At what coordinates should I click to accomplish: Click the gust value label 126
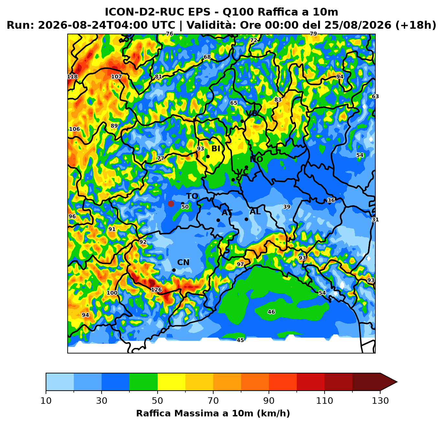pos(156,290)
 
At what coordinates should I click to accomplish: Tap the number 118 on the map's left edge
pos(72,76)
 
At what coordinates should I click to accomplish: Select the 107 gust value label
pos(116,76)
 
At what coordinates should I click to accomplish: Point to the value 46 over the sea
pos(271,312)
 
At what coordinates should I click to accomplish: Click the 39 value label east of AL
pos(287,207)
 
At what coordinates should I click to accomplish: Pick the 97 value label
pos(240,264)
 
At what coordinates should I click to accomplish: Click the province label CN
pos(183,263)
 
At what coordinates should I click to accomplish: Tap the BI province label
pos(216,149)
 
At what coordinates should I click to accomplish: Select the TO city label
pos(192,196)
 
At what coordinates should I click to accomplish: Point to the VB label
pos(251,113)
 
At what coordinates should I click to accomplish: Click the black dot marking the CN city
pos(174,270)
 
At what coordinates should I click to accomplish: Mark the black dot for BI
pos(208,156)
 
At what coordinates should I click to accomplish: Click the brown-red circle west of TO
pos(171,204)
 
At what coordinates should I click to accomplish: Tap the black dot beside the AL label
pos(246,219)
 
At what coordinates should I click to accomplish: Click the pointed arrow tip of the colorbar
pos(397,382)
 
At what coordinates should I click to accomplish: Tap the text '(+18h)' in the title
pos(416,25)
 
